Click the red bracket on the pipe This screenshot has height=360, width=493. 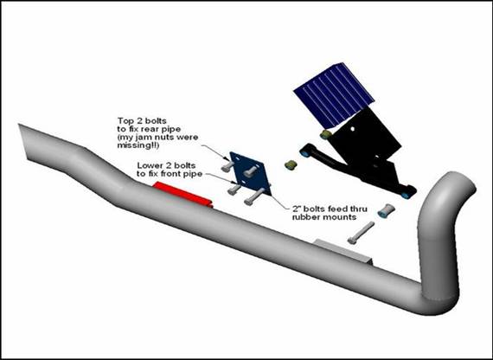182,195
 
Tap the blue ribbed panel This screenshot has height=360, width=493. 334,93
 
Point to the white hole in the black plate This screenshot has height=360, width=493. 353,128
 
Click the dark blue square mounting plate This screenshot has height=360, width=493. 250,173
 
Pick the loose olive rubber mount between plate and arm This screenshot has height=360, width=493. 291,164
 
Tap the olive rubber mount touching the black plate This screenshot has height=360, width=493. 326,134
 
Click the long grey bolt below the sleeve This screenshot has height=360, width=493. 361,233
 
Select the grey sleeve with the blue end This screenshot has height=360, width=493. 387,210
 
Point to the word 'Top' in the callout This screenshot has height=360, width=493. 125,121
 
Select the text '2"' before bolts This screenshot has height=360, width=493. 297,208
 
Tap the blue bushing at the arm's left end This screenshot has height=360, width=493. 304,153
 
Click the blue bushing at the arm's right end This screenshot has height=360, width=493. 406,195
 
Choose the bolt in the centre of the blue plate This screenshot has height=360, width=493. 250,171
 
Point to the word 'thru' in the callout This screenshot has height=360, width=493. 358,209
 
